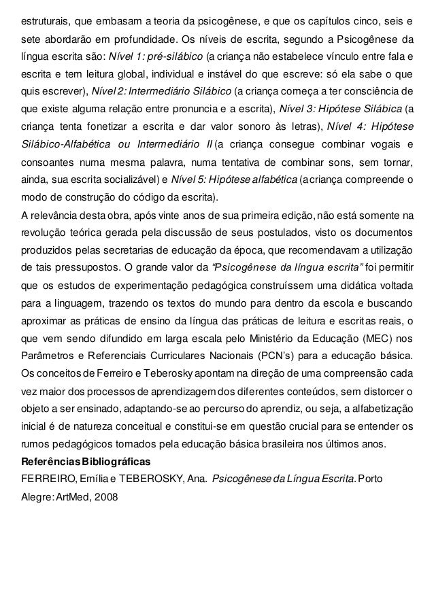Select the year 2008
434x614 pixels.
click(x=105, y=496)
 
